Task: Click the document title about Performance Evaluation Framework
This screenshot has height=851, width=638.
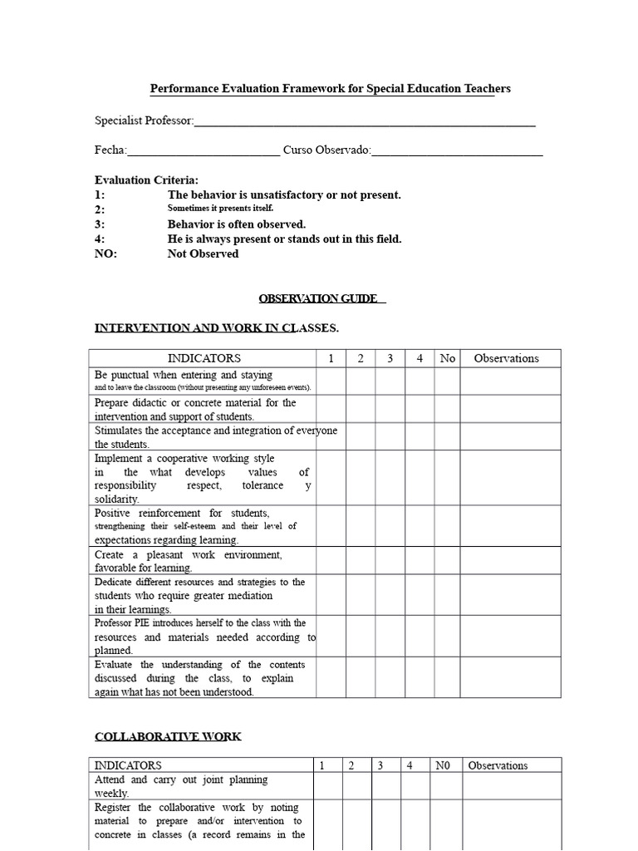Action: tap(330, 88)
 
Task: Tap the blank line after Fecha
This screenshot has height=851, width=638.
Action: tap(204, 152)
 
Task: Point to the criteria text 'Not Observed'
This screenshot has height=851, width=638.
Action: tap(203, 254)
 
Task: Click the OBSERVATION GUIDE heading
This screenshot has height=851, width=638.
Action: tap(321, 298)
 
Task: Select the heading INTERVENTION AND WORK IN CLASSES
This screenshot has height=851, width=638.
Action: tap(217, 328)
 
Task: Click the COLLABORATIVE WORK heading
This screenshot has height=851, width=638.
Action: tap(168, 736)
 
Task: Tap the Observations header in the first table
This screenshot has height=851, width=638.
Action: tap(506, 358)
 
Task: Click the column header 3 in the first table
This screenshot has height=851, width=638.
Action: tap(390, 358)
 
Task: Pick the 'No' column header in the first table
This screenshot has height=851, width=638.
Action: tap(447, 358)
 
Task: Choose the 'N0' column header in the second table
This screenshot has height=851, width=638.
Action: tap(442, 765)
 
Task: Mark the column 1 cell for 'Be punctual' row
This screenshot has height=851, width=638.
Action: tap(331, 381)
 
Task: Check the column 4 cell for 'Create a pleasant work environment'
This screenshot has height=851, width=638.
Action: tap(420, 561)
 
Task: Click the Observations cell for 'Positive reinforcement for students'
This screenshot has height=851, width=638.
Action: tap(510, 526)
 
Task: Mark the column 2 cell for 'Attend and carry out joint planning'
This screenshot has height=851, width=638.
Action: tap(351, 786)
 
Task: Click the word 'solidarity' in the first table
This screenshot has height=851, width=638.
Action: tap(116, 499)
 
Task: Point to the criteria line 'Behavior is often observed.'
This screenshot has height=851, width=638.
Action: tap(237, 224)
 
